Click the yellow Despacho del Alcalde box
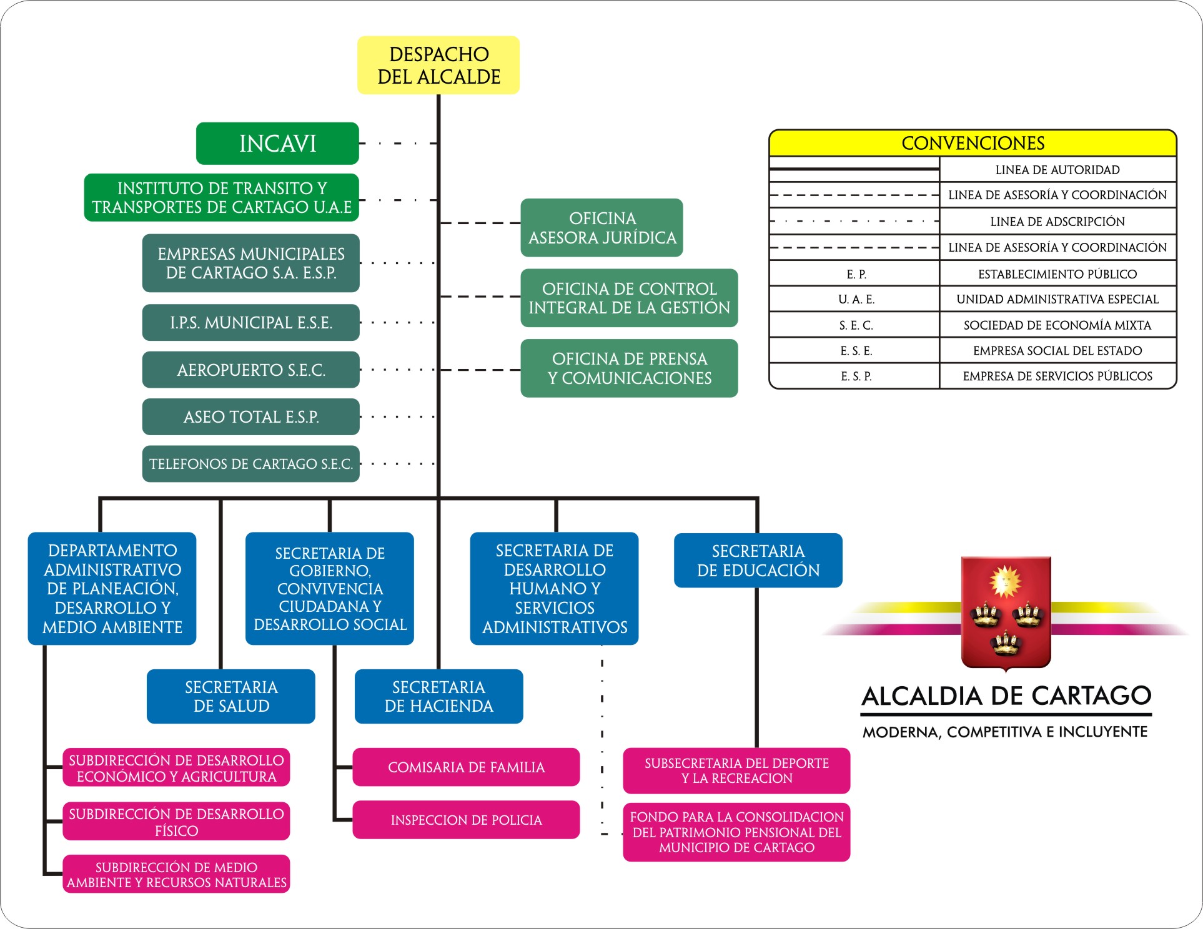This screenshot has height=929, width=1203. (x=438, y=66)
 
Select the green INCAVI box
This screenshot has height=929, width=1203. (x=277, y=144)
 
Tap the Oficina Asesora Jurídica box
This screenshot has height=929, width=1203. (x=601, y=228)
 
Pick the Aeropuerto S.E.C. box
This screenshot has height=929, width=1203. (x=251, y=370)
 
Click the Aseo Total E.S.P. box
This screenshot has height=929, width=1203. (x=251, y=416)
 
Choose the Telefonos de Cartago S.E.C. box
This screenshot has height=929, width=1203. (x=251, y=464)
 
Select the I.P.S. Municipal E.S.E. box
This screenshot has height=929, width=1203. (x=251, y=323)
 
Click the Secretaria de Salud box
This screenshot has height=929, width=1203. (x=231, y=697)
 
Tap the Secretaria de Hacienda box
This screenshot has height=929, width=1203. (x=438, y=697)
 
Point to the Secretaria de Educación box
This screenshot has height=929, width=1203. (x=758, y=561)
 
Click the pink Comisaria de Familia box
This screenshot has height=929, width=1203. (x=466, y=767)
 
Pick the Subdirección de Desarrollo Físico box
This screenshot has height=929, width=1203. (x=176, y=822)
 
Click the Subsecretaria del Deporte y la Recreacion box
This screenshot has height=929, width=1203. (x=736, y=771)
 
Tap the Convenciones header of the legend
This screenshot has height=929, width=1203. (x=973, y=144)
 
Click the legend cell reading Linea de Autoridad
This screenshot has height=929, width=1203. (x=1057, y=170)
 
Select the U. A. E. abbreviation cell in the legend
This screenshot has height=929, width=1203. (x=856, y=300)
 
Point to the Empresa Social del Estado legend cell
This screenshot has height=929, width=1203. (x=1057, y=351)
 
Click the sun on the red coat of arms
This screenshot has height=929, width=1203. (x=1004, y=582)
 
